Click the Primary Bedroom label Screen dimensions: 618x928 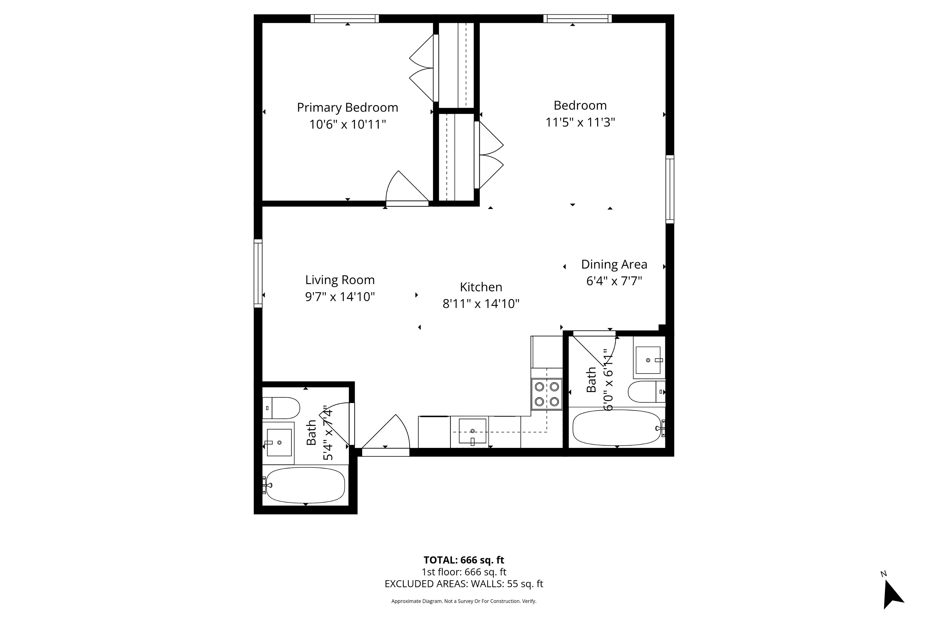click(347, 108)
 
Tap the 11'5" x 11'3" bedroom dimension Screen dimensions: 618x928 click(580, 123)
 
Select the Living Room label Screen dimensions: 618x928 click(340, 280)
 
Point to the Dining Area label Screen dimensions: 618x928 click(614, 264)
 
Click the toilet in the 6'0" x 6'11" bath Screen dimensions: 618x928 click(645, 392)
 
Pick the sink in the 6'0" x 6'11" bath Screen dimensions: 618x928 click(648, 360)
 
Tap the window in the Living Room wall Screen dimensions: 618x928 click(258, 273)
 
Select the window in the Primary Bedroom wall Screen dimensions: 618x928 click(345, 18)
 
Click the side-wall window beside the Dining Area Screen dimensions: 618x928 click(670, 189)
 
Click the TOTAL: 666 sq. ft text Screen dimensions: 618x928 click(464, 560)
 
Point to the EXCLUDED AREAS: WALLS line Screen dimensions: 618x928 click(464, 584)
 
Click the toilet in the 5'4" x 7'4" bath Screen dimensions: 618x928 click(281, 408)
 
